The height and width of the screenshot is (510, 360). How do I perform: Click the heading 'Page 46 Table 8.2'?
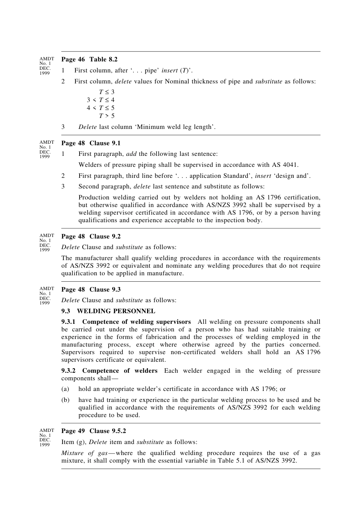pyautogui.click(x=89, y=59)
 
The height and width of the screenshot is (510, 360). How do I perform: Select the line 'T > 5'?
pyautogui.click(x=107, y=116)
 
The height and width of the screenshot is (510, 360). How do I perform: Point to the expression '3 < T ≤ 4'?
pyautogui.click(x=100, y=100)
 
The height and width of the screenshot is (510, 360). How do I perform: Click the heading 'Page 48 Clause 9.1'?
pyautogui.click(x=91, y=143)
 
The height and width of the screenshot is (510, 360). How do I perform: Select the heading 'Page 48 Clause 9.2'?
pyautogui.click(x=91, y=236)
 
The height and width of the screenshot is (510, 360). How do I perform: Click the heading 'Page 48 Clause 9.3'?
pyautogui.click(x=91, y=289)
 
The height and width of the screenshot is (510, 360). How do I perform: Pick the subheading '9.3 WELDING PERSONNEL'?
pyautogui.click(x=108, y=311)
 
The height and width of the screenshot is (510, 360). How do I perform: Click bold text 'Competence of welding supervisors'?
pyautogui.click(x=136, y=322)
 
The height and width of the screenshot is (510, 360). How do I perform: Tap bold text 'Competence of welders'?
pyautogui.click(x=120, y=371)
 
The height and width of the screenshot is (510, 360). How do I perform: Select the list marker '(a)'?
pyautogui.click(x=65, y=389)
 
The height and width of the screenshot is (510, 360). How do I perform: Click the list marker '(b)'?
pyautogui.click(x=65, y=400)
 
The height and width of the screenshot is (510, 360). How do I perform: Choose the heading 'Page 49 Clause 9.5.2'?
pyautogui.click(x=93, y=431)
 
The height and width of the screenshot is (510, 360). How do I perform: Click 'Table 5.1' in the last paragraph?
pyautogui.click(x=230, y=461)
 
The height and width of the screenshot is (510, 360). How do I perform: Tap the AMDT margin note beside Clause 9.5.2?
pyautogui.click(x=46, y=437)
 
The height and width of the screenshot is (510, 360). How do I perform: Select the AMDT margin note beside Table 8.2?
pyautogui.click(x=46, y=66)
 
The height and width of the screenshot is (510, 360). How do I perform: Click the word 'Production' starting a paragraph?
pyautogui.click(x=94, y=198)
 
